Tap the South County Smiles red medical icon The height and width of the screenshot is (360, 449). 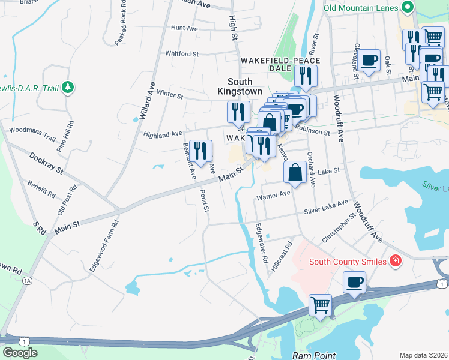pos(395,260)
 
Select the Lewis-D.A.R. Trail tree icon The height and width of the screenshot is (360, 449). pos(69,88)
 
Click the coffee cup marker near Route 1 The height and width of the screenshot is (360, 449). pos(354,282)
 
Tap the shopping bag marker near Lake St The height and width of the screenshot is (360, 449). pos(295,173)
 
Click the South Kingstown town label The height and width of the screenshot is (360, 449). pos(244,86)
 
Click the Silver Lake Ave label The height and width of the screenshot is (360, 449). pos(326,208)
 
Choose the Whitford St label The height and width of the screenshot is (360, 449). pos(182,54)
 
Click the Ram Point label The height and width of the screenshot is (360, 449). pos(314,355)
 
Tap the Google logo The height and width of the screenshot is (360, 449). pos(20,353)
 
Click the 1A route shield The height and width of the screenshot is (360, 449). pos(26,280)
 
